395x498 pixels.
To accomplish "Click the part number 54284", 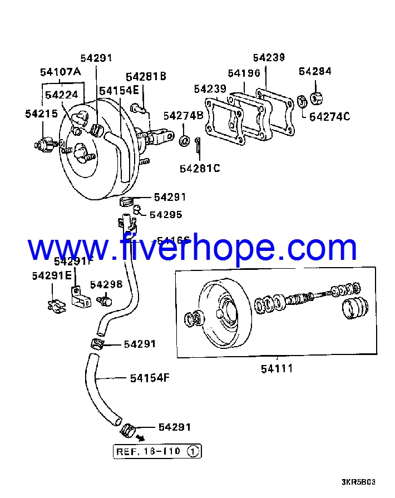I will click(315, 71).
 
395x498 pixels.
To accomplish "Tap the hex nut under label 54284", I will click(316, 99).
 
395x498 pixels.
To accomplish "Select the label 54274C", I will click(330, 116).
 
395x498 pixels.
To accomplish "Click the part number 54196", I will click(244, 73).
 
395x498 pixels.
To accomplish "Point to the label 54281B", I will click(146, 77).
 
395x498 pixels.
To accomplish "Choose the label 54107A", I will click(60, 72).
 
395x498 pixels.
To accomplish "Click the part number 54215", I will click(41, 114).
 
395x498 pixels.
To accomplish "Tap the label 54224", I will click(61, 95).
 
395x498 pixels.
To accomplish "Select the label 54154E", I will click(119, 90).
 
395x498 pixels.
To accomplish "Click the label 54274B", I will click(183, 116).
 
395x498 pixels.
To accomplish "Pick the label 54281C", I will click(200, 168).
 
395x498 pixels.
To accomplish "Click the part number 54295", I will click(166, 215).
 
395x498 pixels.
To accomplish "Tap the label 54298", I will click(106, 284).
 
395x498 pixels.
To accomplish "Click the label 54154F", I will click(150, 378).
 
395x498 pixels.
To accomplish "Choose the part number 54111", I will click(277, 368).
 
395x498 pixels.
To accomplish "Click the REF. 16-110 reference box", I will click(157, 451).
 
